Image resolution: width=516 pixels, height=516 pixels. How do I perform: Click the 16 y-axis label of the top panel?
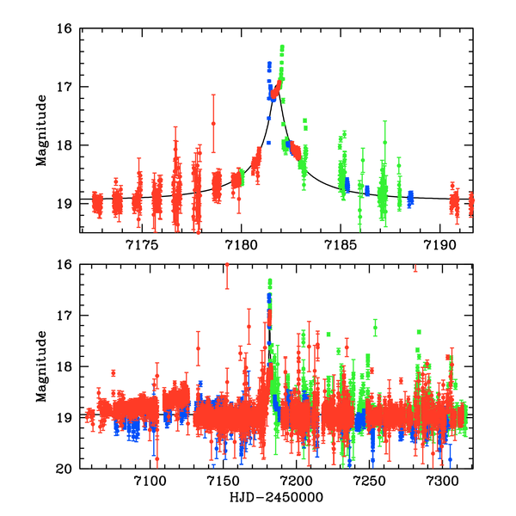(64, 28)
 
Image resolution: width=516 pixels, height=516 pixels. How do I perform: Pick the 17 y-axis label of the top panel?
(64, 87)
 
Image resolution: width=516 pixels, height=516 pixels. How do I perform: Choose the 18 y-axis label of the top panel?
(64, 144)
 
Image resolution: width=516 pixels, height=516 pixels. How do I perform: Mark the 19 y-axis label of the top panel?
(64, 203)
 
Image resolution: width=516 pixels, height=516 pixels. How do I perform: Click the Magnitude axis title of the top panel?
(40, 129)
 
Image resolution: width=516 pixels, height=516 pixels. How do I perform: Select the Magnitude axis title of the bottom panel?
(40, 365)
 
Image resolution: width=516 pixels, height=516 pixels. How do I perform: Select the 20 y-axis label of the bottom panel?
(64, 470)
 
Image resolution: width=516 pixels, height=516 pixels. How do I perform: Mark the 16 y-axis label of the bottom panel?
(64, 265)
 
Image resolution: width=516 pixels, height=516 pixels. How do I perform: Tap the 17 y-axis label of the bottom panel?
(64, 316)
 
